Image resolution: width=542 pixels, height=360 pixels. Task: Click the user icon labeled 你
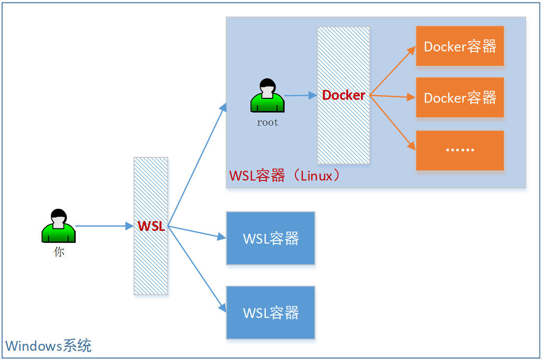pos(59,226)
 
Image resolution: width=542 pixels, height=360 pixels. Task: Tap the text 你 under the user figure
pos(59,252)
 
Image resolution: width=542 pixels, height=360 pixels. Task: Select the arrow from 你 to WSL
pos(104,226)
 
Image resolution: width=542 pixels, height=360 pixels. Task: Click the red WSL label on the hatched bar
pos(151,226)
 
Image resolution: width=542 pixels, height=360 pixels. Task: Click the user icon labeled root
pos(267,96)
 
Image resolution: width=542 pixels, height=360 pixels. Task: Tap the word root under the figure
pos(268,123)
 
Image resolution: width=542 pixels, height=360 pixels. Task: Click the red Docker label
pos(343,95)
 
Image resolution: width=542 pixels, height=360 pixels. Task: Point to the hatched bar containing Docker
pos(343,132)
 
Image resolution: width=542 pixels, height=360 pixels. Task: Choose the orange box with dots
pos(460,150)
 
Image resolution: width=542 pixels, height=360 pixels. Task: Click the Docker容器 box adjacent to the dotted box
pos(460,98)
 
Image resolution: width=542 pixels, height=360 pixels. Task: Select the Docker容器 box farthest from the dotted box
pos(460,46)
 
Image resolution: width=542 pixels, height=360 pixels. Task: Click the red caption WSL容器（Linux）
pos(285,176)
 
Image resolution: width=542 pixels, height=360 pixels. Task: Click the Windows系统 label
pos(48,346)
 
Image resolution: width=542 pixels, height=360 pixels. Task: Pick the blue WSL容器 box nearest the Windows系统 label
pos(271,313)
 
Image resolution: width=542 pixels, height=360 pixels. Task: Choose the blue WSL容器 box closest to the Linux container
pos(271,238)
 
